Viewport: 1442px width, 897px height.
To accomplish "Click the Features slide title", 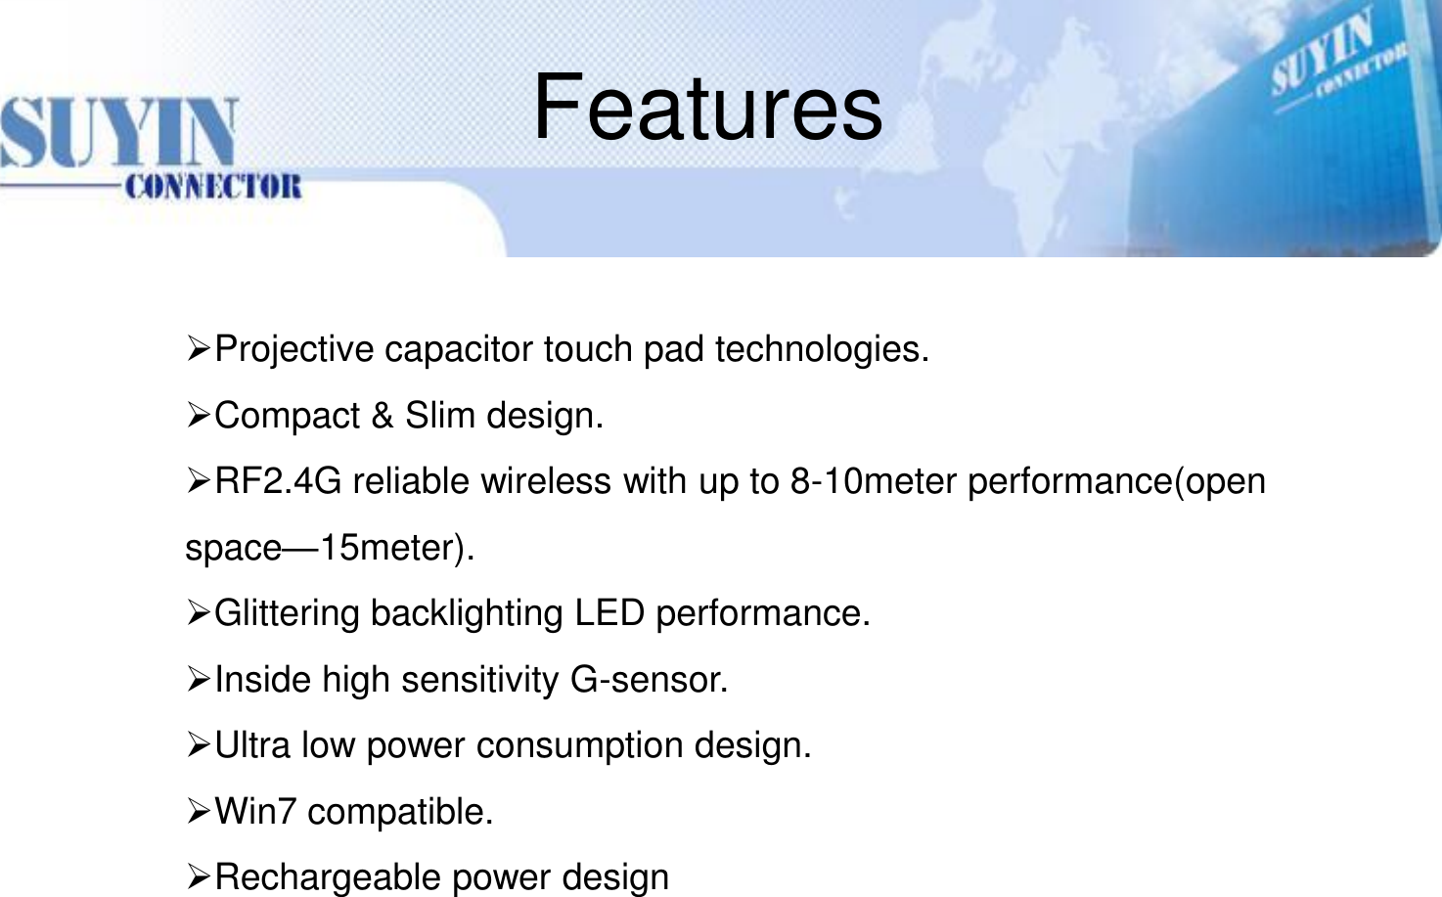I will point(707,107).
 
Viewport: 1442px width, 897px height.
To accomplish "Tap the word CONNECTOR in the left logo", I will point(213,186).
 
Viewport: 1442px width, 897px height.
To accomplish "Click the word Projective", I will point(293,349).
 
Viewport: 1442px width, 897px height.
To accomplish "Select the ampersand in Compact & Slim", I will point(383,416).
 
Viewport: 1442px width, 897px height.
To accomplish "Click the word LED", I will point(608,613).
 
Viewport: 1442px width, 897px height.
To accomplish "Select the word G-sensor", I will point(647,680).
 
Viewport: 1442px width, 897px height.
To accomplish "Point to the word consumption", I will point(580,745).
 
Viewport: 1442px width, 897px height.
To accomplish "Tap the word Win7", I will point(254,812).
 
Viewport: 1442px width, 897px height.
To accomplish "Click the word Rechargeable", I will point(328,877).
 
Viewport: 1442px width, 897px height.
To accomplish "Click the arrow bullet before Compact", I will point(198,416).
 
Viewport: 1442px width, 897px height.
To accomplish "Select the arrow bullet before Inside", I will point(198,679).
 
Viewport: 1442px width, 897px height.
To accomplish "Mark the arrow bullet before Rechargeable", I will point(198,876).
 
